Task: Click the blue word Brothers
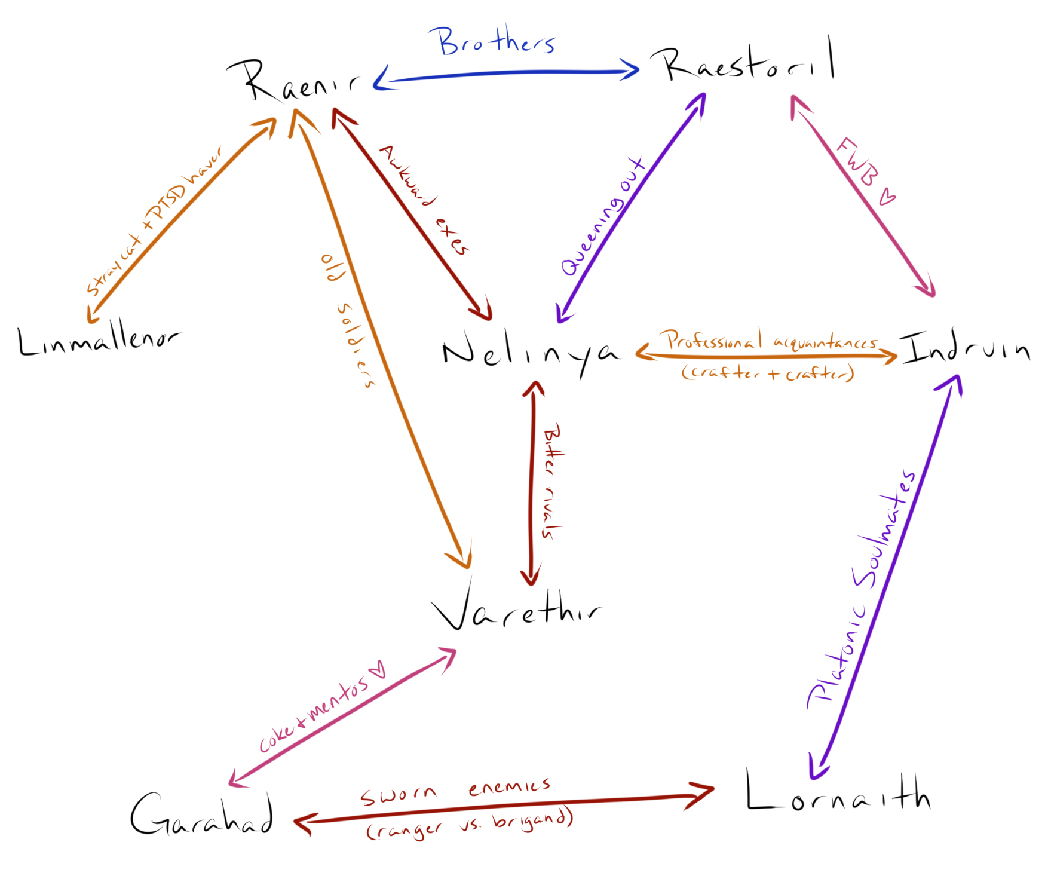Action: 496,41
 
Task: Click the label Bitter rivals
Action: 551,481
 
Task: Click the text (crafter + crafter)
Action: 768,373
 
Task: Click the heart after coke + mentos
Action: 378,670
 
